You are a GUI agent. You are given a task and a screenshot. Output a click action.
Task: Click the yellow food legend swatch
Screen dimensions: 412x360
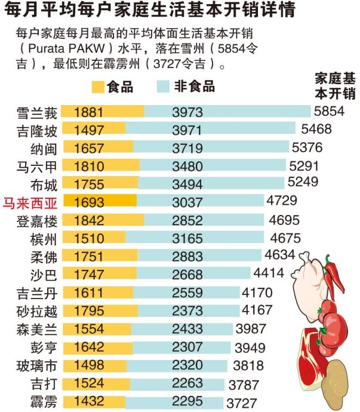click(98, 87)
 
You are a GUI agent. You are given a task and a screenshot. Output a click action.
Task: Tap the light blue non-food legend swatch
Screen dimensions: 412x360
click(162, 87)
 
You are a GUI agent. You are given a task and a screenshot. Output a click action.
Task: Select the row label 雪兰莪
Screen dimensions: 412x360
click(38, 112)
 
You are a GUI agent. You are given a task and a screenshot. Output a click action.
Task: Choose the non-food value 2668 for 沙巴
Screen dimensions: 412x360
click(187, 275)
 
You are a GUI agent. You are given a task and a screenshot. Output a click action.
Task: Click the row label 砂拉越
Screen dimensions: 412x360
click(38, 311)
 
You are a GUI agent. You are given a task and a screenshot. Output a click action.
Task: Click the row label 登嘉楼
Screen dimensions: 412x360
click(38, 221)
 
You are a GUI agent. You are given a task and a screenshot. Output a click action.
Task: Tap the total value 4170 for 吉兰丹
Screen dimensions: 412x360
click(257, 293)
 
